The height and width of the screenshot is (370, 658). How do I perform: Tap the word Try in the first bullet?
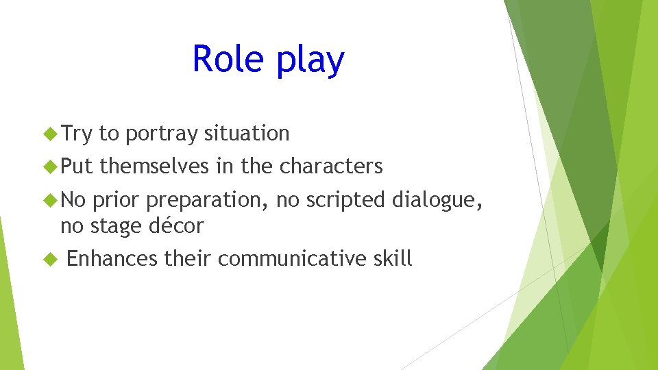[x=76, y=134]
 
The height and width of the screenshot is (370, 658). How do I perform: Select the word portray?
[x=160, y=134]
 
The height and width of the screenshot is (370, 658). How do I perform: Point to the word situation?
[x=246, y=134]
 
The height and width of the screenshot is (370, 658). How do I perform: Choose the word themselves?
[x=154, y=166]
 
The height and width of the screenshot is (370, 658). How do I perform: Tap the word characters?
[x=331, y=166]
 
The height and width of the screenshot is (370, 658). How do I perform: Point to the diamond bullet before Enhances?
[x=50, y=259]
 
